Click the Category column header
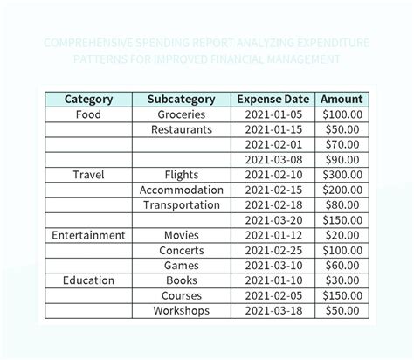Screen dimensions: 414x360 [x=88, y=99]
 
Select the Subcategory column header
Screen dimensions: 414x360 [x=182, y=99]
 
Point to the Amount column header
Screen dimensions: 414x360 [x=341, y=99]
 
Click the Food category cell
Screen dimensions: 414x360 [x=88, y=114]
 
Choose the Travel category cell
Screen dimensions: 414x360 [x=88, y=175]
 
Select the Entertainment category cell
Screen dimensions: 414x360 [x=88, y=235]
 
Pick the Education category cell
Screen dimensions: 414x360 [x=88, y=280]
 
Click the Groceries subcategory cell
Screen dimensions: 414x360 [x=182, y=114]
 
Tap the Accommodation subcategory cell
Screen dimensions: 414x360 [x=182, y=190]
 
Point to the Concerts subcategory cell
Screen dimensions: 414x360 [x=182, y=250]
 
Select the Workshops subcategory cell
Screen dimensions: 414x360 [x=182, y=310]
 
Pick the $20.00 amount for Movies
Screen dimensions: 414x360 [x=341, y=235]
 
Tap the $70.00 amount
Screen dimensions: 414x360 [x=341, y=144]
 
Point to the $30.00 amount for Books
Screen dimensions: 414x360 [x=341, y=280]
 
